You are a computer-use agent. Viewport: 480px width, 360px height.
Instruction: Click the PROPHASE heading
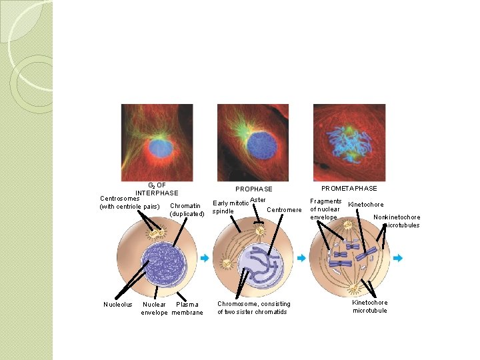pos(253,189)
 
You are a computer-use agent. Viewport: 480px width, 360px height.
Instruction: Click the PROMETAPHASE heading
pos(349,189)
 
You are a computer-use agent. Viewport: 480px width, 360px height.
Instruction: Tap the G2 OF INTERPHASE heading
pos(157,189)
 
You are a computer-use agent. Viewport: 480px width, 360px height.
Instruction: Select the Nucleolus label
pos(118,305)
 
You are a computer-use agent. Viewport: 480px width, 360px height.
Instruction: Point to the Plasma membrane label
pos(187,309)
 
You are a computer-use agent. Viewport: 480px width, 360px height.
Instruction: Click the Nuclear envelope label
pos(155,309)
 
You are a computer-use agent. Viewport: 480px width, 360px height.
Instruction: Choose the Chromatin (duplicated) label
pos(186,209)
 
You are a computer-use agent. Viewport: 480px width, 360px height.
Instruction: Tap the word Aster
pos(258,200)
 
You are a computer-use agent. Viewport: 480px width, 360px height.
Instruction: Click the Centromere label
pos(284,210)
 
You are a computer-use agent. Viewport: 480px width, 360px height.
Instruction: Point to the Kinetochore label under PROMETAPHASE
pos(366,205)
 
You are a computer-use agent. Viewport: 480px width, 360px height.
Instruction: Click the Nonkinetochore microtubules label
pos(398,221)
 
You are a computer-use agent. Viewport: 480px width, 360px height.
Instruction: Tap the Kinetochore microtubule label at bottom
pos(370,307)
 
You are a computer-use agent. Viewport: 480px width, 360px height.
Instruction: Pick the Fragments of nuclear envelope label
pos(325,209)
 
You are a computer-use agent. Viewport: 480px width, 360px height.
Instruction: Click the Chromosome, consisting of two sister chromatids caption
pos(253,308)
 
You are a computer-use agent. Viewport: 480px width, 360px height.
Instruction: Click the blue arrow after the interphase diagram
pos(205,258)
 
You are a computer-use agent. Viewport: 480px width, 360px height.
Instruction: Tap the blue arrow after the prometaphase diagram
pos(398,258)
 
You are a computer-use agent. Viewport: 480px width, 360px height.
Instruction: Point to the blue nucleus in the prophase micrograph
pos(254,143)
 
